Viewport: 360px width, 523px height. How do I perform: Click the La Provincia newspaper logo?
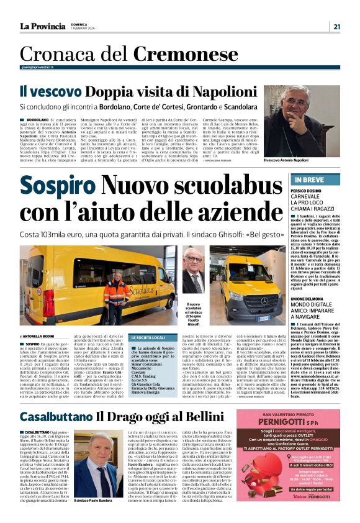(x=42, y=26)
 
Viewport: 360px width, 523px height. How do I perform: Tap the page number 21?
(x=336, y=26)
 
